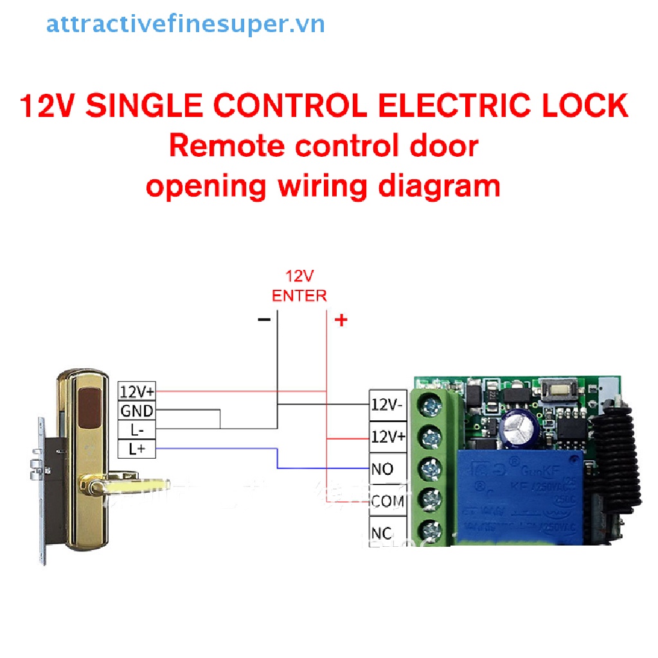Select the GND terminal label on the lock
point(136,410)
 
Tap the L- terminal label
point(137,429)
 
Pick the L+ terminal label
point(137,449)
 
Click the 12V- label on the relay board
point(388,404)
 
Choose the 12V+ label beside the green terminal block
point(388,437)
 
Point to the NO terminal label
point(383,469)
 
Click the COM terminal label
point(388,501)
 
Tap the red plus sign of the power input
point(341,319)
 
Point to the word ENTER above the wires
point(299,296)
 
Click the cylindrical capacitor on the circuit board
point(519,425)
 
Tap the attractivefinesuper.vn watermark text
point(186,24)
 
